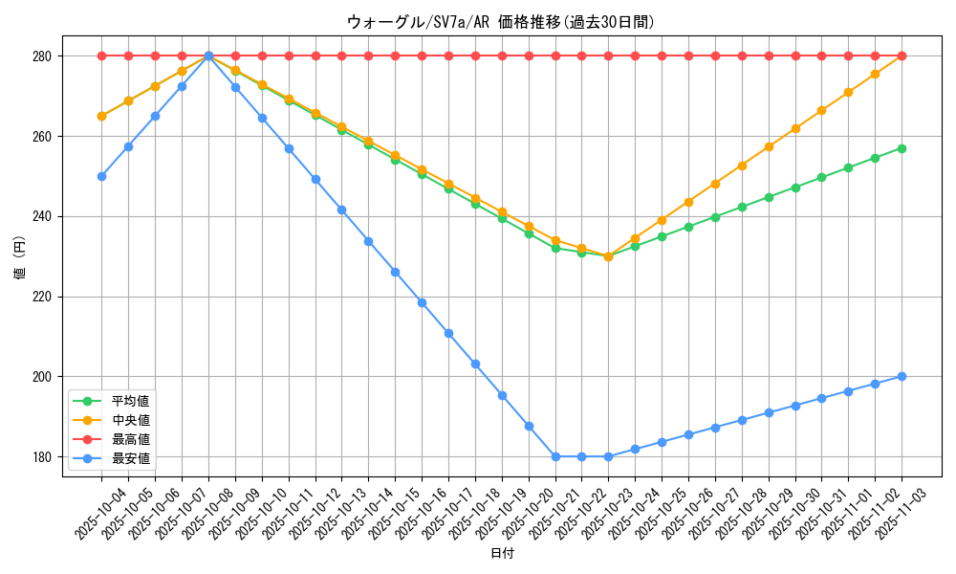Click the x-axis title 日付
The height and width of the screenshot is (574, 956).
[501, 554]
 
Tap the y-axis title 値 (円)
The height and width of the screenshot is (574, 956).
[20, 258]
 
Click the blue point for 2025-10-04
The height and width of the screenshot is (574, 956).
[101, 176]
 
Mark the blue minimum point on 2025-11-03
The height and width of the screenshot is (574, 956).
[902, 376]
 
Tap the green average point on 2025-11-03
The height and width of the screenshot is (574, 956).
[902, 148]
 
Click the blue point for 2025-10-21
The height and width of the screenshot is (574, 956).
[555, 456]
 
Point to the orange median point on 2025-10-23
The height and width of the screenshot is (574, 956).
[608, 256]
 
